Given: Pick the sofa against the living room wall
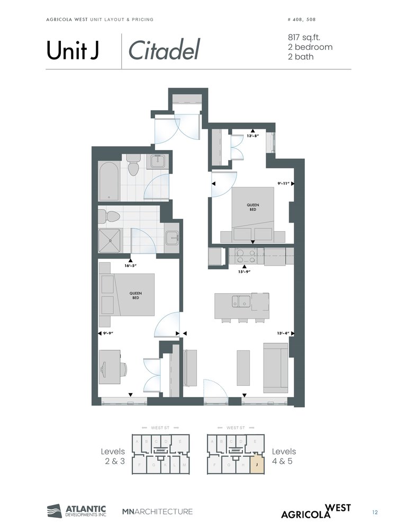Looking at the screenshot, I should tap(275, 367).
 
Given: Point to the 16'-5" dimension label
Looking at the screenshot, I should tap(131, 266).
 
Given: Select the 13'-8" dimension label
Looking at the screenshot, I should tap(254, 136).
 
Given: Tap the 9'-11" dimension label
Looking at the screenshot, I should tap(283, 183).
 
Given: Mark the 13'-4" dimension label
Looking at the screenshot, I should tap(283, 333).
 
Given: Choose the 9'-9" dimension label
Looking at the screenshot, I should tap(109, 333).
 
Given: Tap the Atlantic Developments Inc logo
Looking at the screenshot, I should tap(77, 511).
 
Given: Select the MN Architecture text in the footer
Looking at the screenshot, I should tap(157, 511).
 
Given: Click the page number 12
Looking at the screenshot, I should tap(375, 512).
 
